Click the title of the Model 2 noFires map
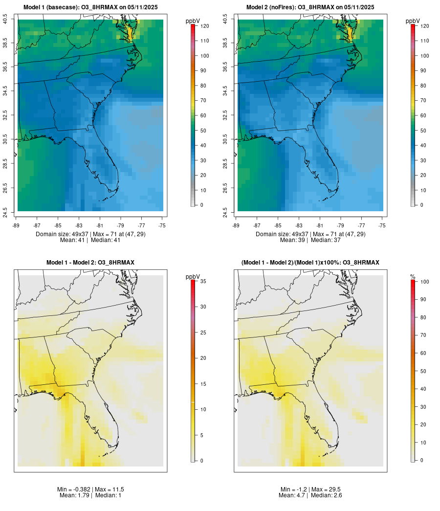coord(310,7)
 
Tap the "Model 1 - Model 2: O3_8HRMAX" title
coord(90,263)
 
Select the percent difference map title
coord(310,263)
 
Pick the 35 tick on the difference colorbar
coord(202,281)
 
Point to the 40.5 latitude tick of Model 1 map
coord(5,20)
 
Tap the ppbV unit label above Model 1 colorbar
coord(193,21)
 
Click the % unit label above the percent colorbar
coord(413,277)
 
